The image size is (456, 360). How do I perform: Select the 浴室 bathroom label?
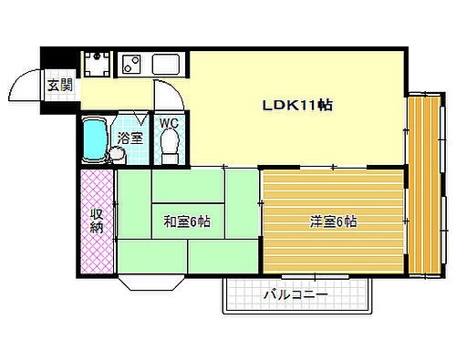pos(130,139)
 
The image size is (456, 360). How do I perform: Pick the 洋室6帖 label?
pos(333,221)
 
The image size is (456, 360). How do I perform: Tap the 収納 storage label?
pos(96,221)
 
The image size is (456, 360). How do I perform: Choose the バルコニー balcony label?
pos(295,294)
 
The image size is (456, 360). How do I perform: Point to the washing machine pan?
pos(96,65)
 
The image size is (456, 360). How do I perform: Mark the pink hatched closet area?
pos(96,221)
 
